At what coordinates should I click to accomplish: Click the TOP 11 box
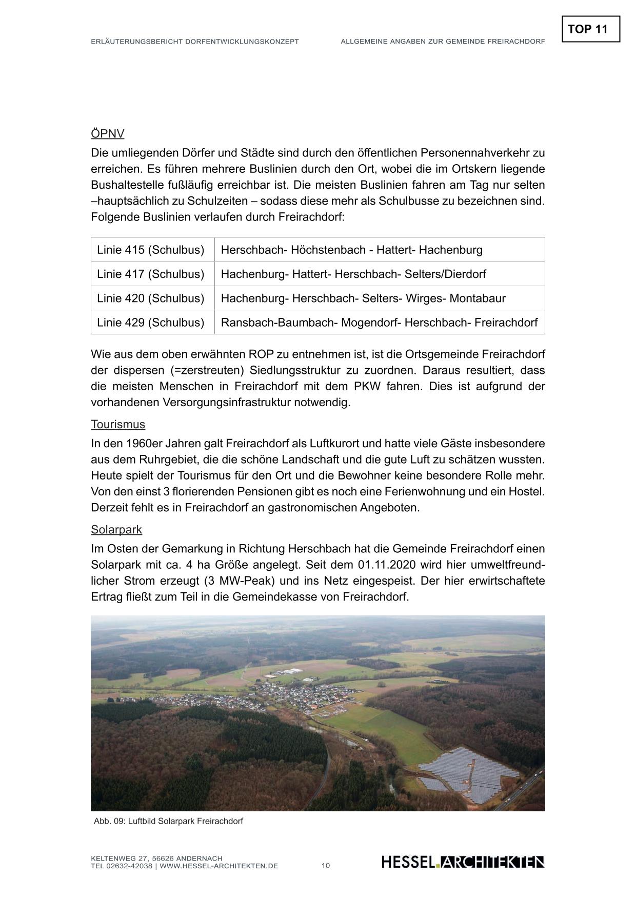point(590,29)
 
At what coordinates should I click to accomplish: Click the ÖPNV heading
point(108,134)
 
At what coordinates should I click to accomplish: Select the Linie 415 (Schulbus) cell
point(151,250)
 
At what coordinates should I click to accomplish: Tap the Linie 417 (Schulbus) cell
point(151,274)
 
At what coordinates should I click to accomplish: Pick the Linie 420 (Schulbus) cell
point(151,298)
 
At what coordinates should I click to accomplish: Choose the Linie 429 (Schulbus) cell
point(151,322)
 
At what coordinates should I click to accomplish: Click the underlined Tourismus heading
point(118,425)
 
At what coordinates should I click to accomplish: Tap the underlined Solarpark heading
point(116,530)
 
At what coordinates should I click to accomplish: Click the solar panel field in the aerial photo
point(462,769)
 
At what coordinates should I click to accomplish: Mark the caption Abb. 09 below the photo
point(168,821)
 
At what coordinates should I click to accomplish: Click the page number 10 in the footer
point(326,866)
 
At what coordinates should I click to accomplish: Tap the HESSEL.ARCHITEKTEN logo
point(463,862)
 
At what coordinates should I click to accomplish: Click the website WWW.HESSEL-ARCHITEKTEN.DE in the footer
point(219,866)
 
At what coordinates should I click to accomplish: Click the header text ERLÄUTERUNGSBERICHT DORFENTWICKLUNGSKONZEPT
point(194,42)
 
